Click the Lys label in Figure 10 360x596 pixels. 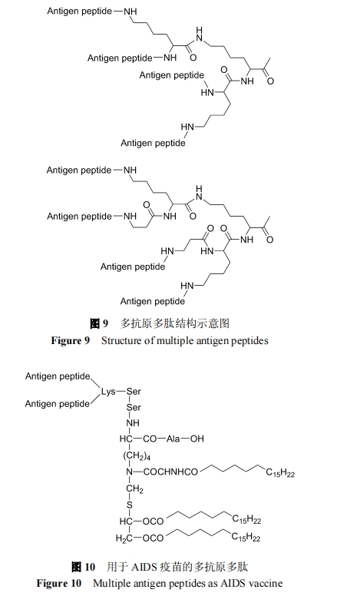[108, 392]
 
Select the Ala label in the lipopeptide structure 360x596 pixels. [173, 439]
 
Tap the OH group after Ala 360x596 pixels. [197, 439]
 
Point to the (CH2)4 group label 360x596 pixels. [137, 455]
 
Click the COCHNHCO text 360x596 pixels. [170, 472]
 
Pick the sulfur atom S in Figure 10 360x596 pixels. [130, 505]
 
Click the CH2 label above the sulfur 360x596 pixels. [135, 488]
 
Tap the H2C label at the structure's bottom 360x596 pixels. [124, 538]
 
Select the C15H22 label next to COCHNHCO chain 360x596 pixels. [280, 473]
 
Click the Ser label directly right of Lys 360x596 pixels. [134, 392]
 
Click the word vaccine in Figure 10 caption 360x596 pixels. [267, 583]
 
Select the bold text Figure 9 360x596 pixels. [71, 340]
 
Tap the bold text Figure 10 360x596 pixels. [59, 583]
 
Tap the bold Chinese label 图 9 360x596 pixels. [99, 323]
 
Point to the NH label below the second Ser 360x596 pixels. [133, 422]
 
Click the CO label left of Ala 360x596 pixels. [150, 439]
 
